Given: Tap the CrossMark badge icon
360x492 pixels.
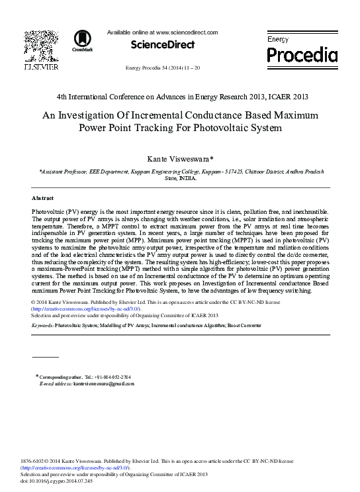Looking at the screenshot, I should click(82, 40).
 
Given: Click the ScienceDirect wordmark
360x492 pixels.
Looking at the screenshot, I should click(163, 45).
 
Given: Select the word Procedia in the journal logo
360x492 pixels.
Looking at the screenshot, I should click(302, 54).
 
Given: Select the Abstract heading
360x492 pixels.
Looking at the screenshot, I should click(44, 198).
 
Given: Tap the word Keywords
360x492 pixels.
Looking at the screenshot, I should click(43, 326).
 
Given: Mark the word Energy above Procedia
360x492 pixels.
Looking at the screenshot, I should click(278, 40).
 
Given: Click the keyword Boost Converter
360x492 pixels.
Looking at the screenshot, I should click(244, 326).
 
